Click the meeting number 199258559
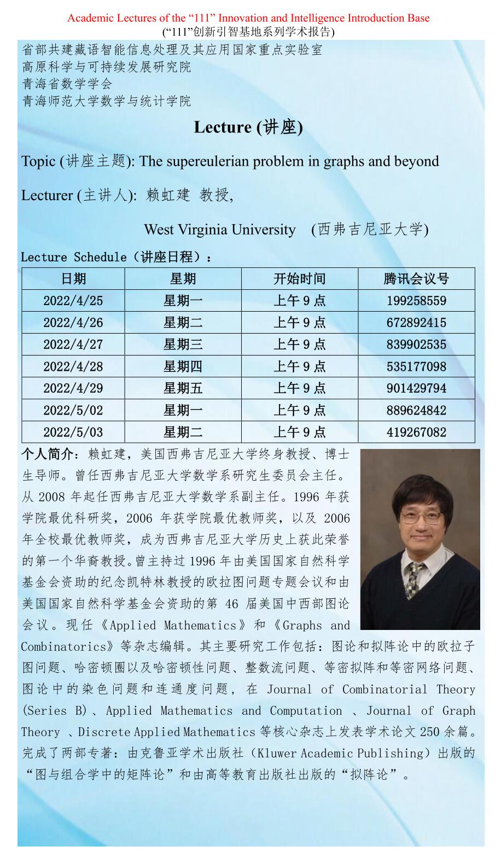point(416,301)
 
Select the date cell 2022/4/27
point(73,345)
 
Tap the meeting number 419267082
point(416,433)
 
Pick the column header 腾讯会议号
point(416,279)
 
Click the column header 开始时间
point(299,279)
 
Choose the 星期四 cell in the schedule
point(183,366)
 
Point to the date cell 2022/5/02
point(73,411)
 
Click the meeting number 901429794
point(416,388)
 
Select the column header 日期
point(73,279)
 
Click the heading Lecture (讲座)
point(248,127)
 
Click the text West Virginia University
point(220,229)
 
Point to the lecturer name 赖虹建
point(168,195)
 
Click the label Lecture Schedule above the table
point(74,257)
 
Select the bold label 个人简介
point(46,454)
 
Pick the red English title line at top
point(248,18)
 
